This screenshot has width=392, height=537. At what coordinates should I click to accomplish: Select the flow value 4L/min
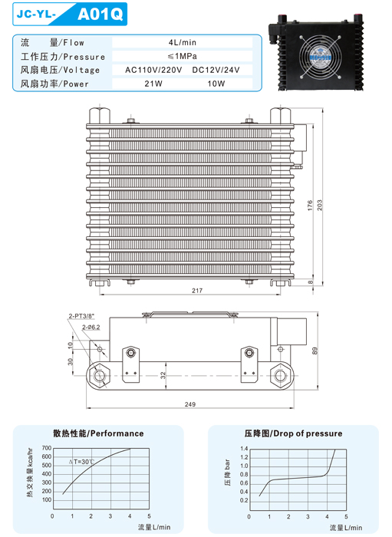(183, 43)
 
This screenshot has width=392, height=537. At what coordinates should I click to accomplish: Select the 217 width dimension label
(197, 290)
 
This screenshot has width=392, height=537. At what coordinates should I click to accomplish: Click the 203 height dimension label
(320, 206)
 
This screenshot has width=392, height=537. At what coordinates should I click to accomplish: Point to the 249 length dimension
(190, 404)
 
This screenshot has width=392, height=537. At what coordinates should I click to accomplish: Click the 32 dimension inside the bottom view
(161, 375)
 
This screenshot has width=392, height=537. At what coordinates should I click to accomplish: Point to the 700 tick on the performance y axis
(46, 448)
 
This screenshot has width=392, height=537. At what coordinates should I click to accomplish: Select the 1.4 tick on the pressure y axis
(244, 448)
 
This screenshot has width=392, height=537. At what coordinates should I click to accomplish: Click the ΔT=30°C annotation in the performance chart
(82, 462)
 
